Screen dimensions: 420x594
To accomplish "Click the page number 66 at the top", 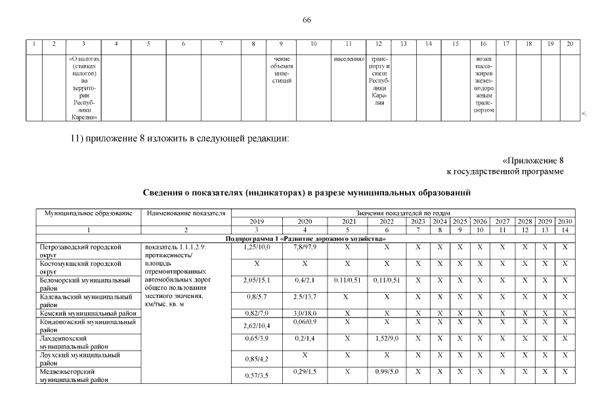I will click(307, 20).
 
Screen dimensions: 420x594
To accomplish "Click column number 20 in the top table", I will click(570, 44).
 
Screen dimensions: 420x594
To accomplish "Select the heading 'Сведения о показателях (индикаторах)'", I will click(307, 192).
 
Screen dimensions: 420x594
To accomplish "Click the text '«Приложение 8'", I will click(533, 160).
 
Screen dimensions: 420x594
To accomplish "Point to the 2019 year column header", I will click(253, 221).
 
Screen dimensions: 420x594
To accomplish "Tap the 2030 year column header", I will click(564, 221).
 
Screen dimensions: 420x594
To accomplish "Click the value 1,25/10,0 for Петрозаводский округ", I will click(253, 246).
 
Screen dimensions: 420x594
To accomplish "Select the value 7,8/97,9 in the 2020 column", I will click(305, 246).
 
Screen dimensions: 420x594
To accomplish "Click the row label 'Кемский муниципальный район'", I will click(87, 314).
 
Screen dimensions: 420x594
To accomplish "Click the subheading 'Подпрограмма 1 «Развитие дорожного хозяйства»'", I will click(305, 238).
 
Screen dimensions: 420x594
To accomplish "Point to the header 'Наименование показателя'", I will click(186, 213).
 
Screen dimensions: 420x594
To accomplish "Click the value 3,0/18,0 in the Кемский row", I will click(305, 314).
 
